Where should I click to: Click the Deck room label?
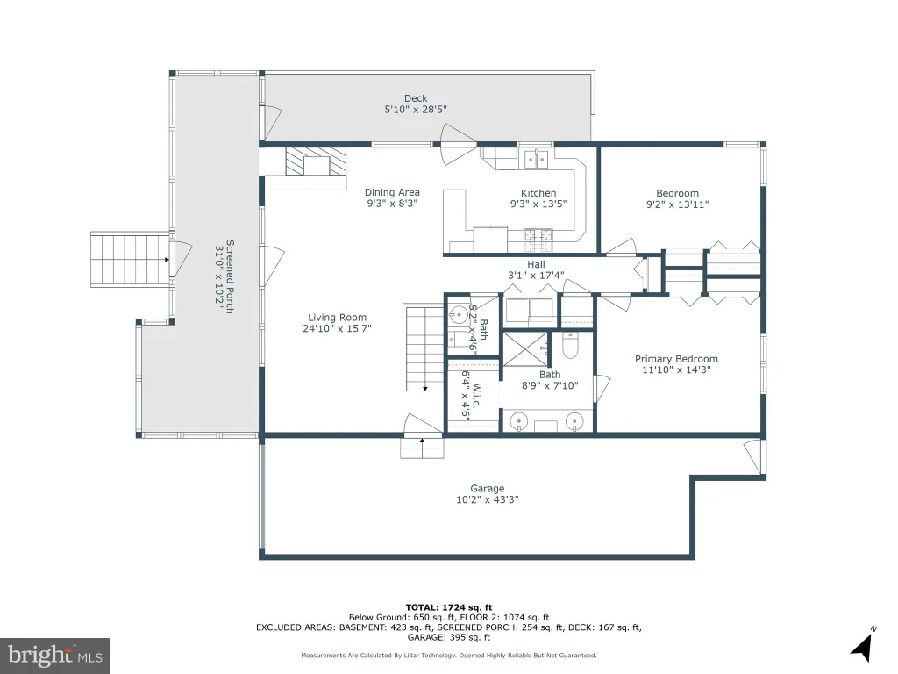click(416, 98)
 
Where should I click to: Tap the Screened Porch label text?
click(230, 276)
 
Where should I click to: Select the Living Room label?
click(338, 318)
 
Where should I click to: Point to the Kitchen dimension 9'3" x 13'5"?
click(538, 204)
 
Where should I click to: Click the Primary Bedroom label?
click(676, 359)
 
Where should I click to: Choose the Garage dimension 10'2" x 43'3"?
click(488, 499)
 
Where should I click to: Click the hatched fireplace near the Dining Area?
click(316, 161)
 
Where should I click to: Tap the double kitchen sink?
click(537, 160)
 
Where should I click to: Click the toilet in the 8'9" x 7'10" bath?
click(570, 344)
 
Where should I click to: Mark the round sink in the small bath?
click(458, 315)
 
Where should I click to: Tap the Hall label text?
click(536, 264)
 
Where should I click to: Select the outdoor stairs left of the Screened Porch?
click(131, 260)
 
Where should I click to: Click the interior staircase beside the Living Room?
click(424, 348)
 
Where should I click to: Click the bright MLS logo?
click(54, 656)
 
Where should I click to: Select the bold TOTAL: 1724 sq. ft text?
click(449, 607)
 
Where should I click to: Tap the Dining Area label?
click(392, 192)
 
